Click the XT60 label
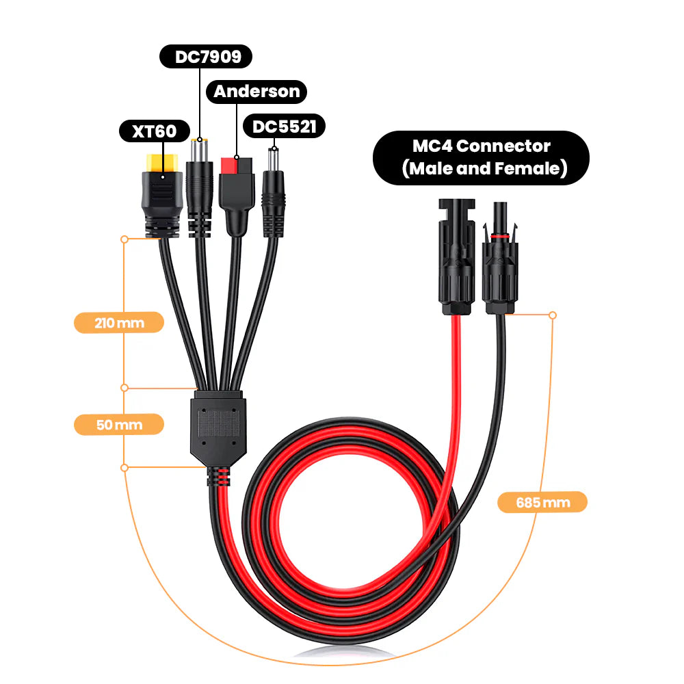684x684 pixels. click(155, 131)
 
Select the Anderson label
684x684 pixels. click(257, 91)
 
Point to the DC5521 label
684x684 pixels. click(284, 126)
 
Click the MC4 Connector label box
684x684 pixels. click(481, 157)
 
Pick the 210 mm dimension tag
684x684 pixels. click(119, 323)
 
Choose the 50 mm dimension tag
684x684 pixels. click(119, 425)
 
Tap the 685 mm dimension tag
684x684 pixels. click(542, 503)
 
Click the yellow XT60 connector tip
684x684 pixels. click(162, 162)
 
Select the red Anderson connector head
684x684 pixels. click(237, 166)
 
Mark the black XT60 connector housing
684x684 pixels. click(161, 198)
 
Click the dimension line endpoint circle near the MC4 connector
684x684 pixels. click(553, 315)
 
